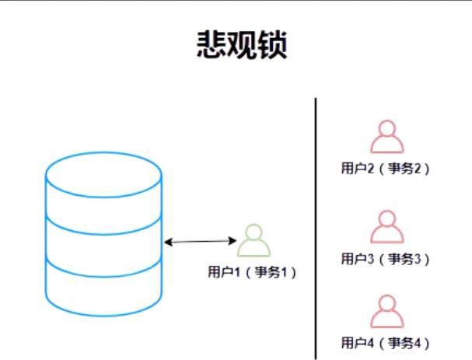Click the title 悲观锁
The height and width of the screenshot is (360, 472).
pos(241,46)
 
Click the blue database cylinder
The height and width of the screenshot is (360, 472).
pos(104,233)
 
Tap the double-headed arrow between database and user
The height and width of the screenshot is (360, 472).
pos(201,242)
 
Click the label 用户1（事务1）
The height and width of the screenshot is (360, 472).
pos(253,272)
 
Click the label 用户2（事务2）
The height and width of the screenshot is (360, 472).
pos(386,167)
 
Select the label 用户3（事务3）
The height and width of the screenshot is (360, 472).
pos(386,258)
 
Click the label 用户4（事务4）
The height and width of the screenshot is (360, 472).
pos(386,342)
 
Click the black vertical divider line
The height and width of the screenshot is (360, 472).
pos(316,225)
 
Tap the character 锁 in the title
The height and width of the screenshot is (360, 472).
pos(272,46)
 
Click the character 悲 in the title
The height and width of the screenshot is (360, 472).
pos(210,46)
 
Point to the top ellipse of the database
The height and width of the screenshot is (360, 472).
pos(104,173)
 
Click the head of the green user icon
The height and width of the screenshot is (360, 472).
pos(253,232)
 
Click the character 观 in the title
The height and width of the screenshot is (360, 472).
pos(241,46)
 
